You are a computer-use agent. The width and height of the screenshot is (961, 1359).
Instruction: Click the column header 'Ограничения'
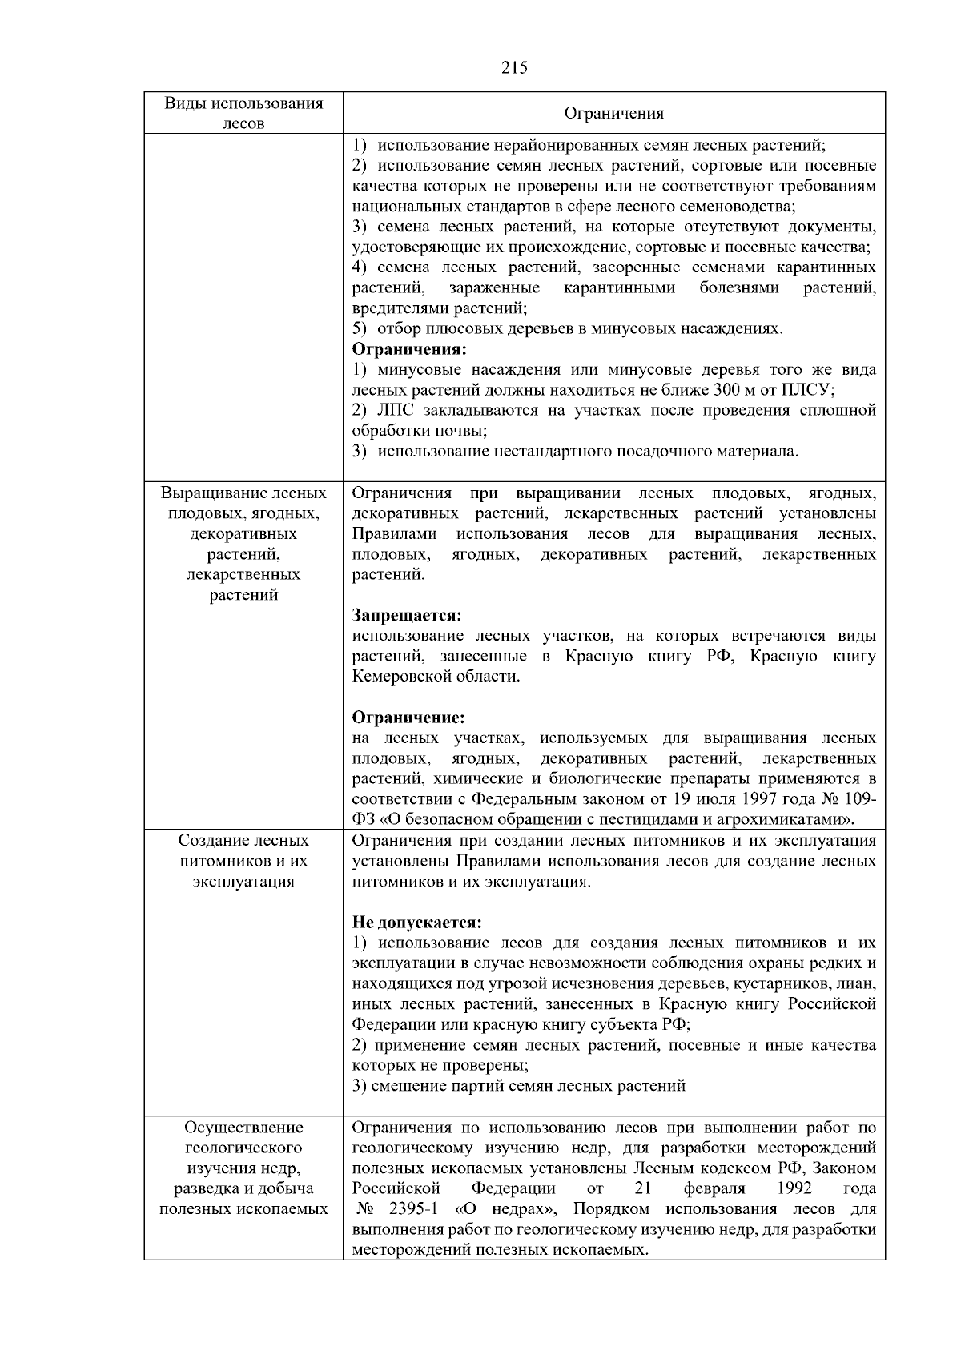point(614,113)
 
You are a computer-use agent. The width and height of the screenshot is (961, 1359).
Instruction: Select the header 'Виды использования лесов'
point(243,113)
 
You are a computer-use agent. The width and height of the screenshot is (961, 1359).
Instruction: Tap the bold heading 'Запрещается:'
point(407,616)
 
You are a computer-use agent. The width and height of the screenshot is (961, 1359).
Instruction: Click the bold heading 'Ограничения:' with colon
point(409,350)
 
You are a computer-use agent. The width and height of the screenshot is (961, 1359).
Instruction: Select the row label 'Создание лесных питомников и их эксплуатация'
point(243,862)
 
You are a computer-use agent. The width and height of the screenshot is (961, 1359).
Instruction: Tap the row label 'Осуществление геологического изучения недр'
point(243,1168)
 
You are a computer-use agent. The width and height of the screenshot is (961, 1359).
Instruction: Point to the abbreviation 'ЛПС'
point(392,411)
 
